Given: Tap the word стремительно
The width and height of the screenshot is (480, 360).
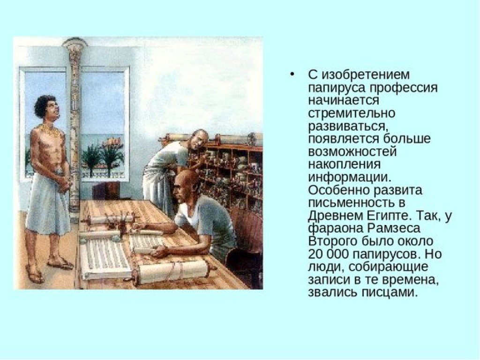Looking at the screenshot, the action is click(352, 113).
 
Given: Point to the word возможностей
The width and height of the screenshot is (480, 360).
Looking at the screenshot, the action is click(352, 152).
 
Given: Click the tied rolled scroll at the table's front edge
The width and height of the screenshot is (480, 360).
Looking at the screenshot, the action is click(173, 271).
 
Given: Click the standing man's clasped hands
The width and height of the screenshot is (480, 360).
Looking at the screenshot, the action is click(64, 183).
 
